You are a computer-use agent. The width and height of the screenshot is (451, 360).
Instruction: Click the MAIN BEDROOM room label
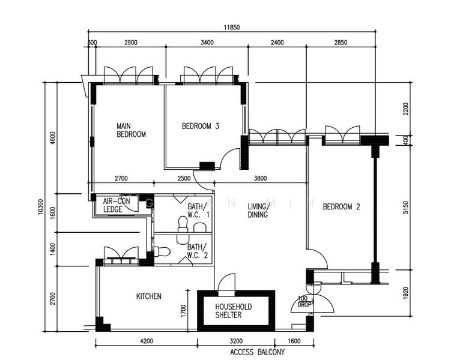pos(131,130)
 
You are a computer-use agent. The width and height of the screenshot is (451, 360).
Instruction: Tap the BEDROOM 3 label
pos(201,126)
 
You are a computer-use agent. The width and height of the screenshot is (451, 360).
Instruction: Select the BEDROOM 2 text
pos(341,207)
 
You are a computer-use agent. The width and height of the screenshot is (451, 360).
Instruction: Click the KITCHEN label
pos(148,296)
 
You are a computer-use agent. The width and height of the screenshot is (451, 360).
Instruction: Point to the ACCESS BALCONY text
pos(257,352)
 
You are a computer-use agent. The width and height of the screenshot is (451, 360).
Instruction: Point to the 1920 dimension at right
pos(406,293)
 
